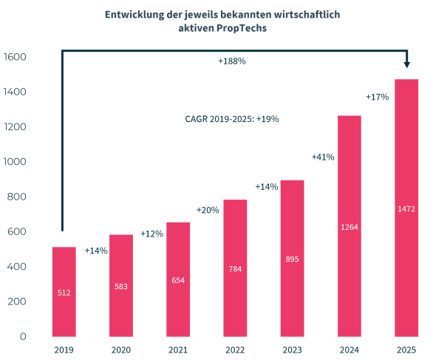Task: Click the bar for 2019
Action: click(64, 291)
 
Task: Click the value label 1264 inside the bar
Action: click(349, 226)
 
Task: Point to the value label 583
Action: click(121, 287)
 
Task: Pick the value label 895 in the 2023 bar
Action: click(292, 259)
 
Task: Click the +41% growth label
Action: click(323, 157)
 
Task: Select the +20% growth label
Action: click(208, 210)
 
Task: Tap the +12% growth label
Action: click(151, 234)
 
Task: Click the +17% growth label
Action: click(378, 97)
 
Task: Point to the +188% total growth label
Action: click(232, 61)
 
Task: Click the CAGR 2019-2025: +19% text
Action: click(232, 118)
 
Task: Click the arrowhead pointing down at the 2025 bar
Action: click(406, 64)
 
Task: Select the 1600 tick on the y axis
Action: click(15, 57)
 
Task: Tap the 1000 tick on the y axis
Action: click(15, 162)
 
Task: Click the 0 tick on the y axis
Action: click(24, 336)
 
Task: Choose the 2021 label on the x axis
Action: click(178, 350)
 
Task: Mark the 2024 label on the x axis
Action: click(349, 350)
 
